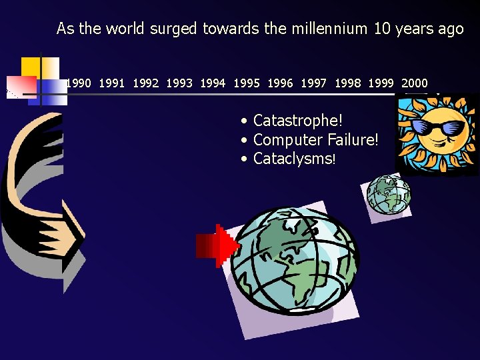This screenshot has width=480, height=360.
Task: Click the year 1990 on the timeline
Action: pos(79,83)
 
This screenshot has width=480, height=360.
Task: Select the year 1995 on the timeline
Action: pos(247,83)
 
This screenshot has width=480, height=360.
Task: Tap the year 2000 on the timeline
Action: pos(415,83)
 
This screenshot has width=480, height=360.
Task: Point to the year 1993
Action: pos(179,83)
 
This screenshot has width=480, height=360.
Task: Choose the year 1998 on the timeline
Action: pos(348,83)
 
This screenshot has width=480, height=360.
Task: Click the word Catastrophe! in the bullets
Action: pos(298,121)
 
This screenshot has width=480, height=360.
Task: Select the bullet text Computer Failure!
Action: pos(316,140)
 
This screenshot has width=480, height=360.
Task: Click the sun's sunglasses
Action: pos(437,127)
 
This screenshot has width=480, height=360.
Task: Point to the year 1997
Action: pos(314,83)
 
